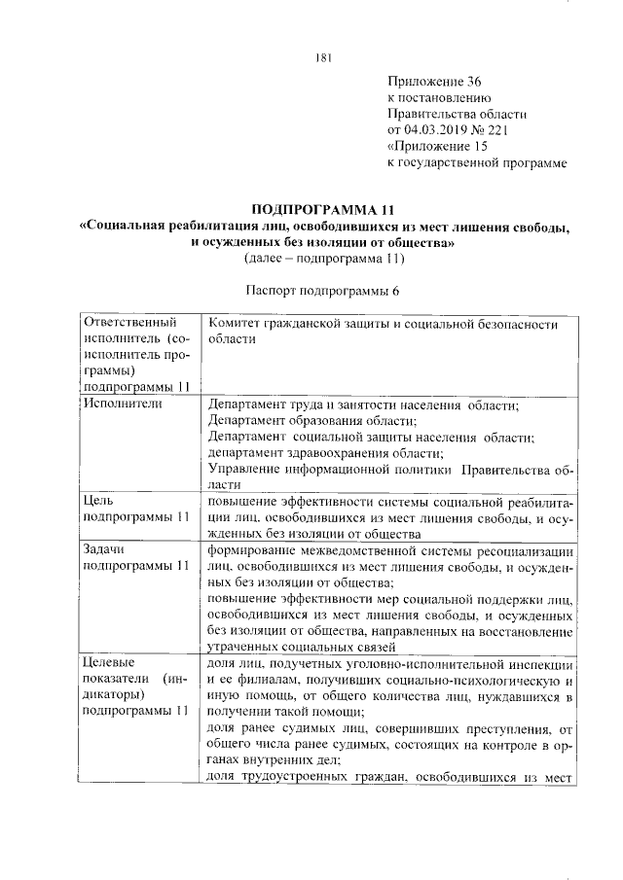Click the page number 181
(324, 57)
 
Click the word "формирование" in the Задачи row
(258, 549)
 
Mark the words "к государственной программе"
(477, 162)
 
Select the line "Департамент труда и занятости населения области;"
(363, 404)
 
